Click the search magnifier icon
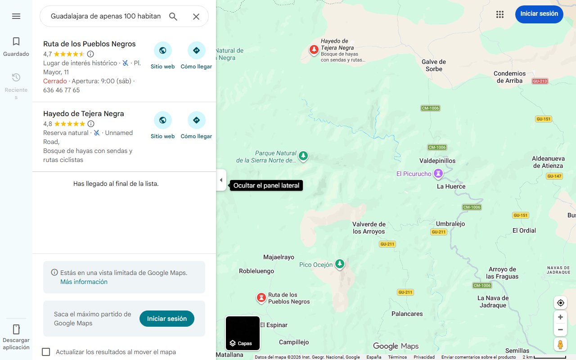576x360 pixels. click(x=173, y=17)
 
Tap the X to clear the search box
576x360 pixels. click(x=196, y=17)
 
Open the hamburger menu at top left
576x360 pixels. click(x=16, y=16)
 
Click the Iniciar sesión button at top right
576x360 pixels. click(x=539, y=14)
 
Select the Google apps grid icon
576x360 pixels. click(x=500, y=14)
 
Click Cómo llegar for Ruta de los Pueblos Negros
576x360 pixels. click(x=196, y=51)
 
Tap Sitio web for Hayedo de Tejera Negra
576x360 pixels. click(x=162, y=121)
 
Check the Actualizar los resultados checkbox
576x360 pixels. click(x=46, y=352)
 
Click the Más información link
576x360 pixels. click(x=84, y=282)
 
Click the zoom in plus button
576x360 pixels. click(x=560, y=317)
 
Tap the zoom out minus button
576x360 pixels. click(x=560, y=329)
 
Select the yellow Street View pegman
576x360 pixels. click(x=560, y=345)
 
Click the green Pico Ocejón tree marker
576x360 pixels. click(x=340, y=264)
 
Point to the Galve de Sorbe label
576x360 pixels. click(x=434, y=65)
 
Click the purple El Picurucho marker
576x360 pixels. click(x=438, y=173)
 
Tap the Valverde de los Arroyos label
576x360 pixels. click(x=369, y=228)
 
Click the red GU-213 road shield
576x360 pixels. click(x=540, y=81)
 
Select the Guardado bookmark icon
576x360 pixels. click(x=16, y=42)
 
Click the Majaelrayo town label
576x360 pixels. click(x=279, y=257)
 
